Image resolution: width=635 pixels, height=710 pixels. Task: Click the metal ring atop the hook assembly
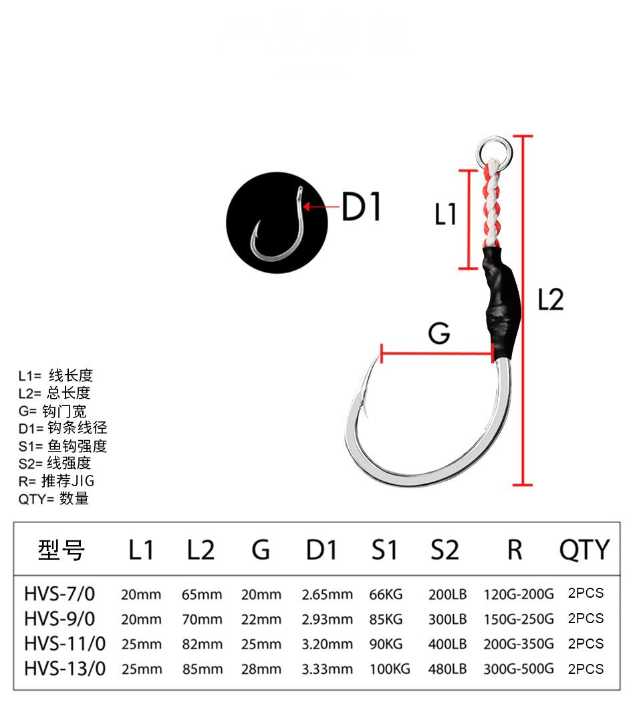(493, 148)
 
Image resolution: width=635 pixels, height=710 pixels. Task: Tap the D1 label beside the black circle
(361, 207)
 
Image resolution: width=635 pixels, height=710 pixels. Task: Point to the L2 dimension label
(551, 300)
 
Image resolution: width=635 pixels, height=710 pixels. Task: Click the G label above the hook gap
(439, 333)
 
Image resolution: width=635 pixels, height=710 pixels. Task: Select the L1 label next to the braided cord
(445, 214)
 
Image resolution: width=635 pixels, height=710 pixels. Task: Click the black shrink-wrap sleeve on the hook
(501, 301)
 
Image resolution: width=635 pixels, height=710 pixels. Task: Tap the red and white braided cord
(491, 204)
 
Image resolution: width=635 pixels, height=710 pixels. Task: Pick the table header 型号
(61, 550)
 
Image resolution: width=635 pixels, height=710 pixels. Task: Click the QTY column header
(584, 550)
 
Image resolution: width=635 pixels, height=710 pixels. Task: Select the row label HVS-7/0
(59, 593)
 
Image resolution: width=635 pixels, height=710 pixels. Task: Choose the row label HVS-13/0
(65, 669)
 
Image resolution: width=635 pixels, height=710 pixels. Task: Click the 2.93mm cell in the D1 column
(327, 619)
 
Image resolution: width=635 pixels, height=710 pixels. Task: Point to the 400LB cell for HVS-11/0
(448, 645)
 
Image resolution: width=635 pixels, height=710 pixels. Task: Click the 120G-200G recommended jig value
(519, 594)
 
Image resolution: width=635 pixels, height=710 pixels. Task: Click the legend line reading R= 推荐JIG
(57, 480)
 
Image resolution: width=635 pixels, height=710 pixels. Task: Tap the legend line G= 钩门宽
(53, 411)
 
